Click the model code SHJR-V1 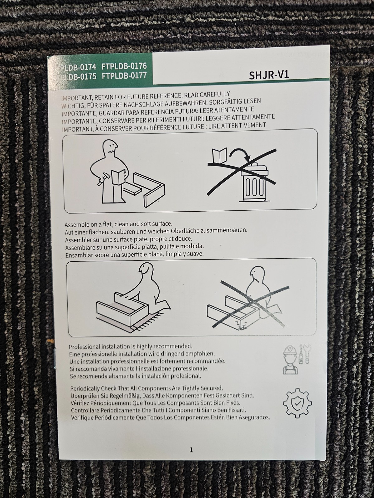(269, 75)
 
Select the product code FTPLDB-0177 (124, 76)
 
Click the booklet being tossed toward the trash (219, 155)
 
